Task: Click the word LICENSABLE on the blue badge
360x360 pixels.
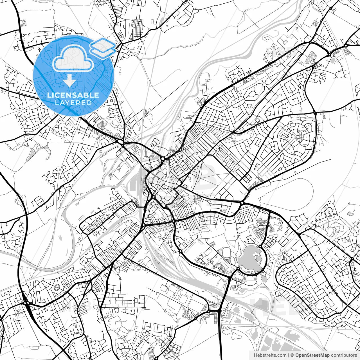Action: (x=73, y=95)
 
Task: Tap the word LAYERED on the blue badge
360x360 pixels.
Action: (x=73, y=103)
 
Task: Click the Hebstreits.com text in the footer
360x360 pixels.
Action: (x=270, y=355)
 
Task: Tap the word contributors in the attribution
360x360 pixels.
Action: (x=344, y=355)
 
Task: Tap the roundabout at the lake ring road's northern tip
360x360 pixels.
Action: (x=260, y=246)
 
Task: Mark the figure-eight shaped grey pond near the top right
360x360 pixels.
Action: (x=311, y=58)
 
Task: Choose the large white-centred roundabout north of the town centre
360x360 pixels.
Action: (x=163, y=159)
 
